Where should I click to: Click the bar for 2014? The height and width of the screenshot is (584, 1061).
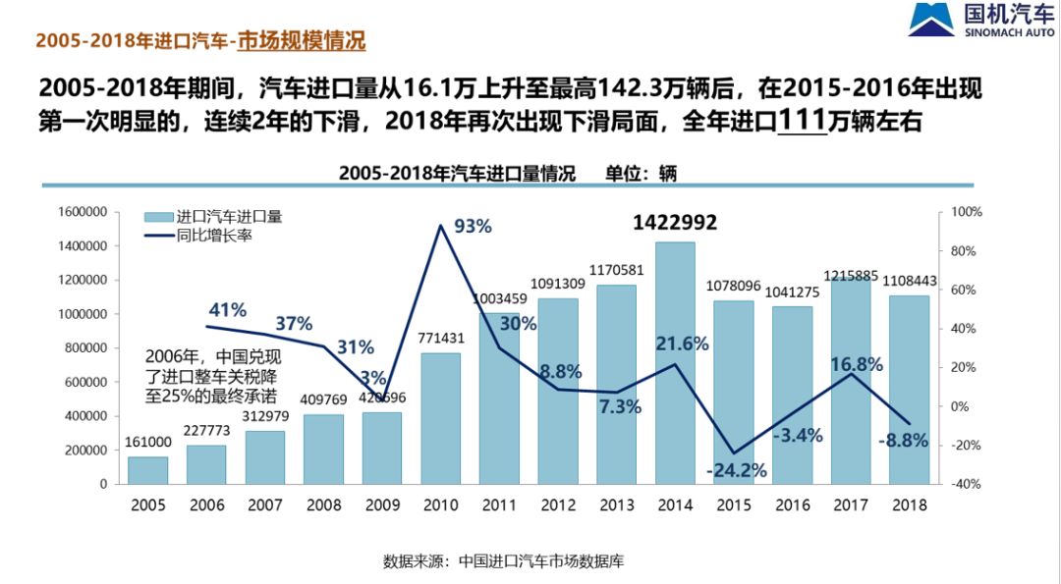pos(675,363)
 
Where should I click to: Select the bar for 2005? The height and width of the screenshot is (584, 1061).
pos(147,470)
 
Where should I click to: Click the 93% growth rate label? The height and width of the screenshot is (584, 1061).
pos(472,227)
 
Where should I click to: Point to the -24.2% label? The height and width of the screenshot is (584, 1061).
pos(736,470)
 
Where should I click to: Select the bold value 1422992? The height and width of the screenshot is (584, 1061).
pos(675,223)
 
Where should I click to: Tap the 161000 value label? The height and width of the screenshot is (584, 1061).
pos(147,443)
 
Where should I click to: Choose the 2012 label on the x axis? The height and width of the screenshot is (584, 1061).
pos(558,505)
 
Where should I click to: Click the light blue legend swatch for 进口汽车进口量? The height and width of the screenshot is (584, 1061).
pos(158,218)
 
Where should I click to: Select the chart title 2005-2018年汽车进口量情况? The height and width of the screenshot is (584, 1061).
pos(457,173)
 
